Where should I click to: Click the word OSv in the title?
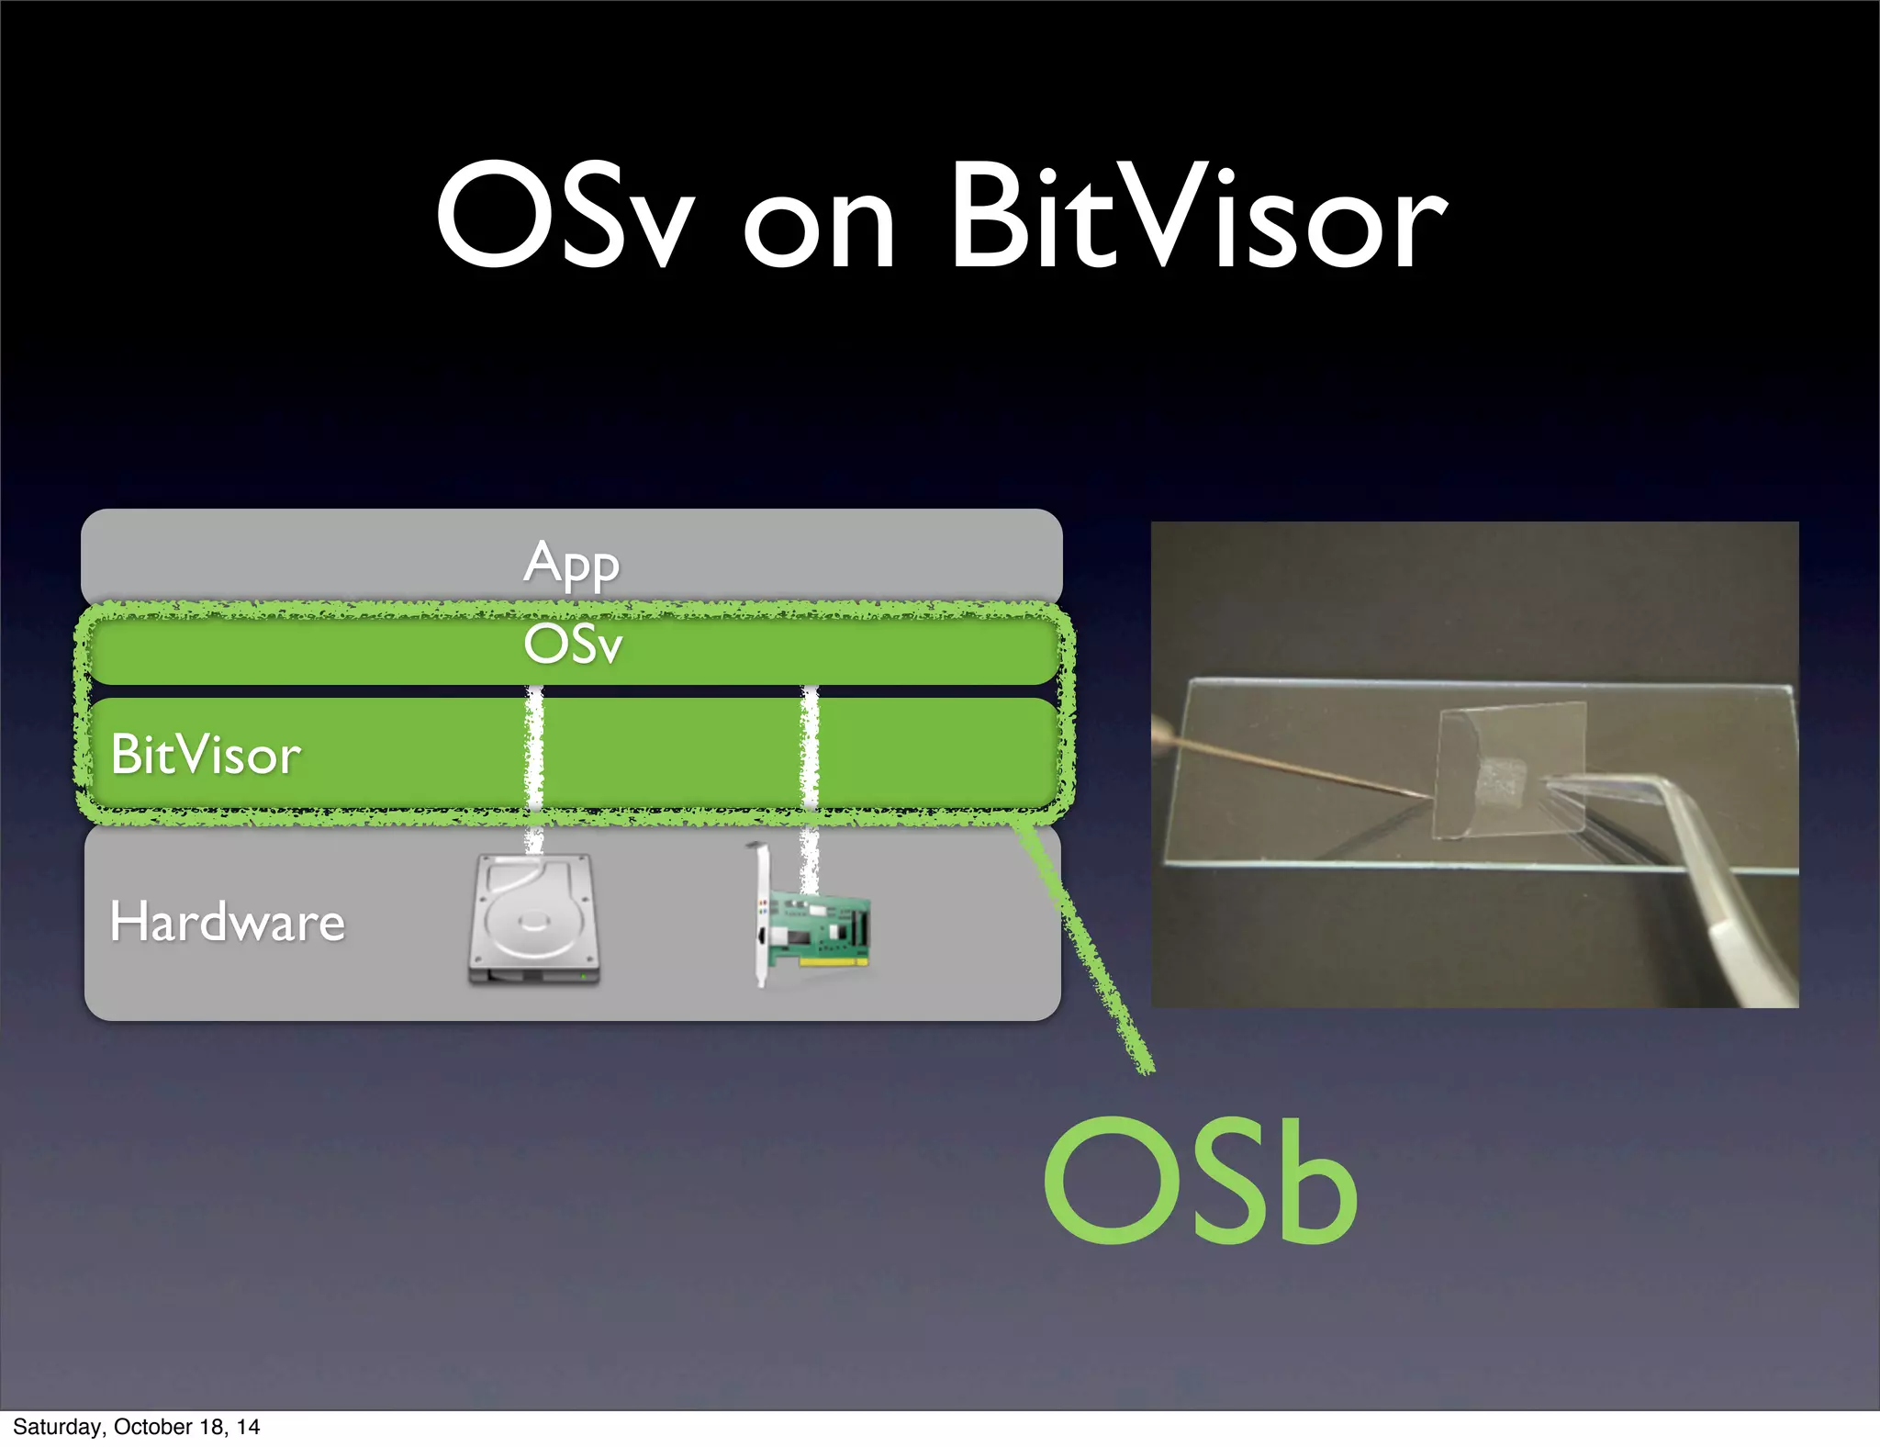562,216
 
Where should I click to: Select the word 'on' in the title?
817,230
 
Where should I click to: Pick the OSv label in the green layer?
573,645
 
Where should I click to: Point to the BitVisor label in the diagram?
206,755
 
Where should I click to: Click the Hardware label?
227,922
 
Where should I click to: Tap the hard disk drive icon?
533,920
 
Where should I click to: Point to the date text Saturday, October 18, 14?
136,1427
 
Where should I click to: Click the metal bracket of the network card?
760,918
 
